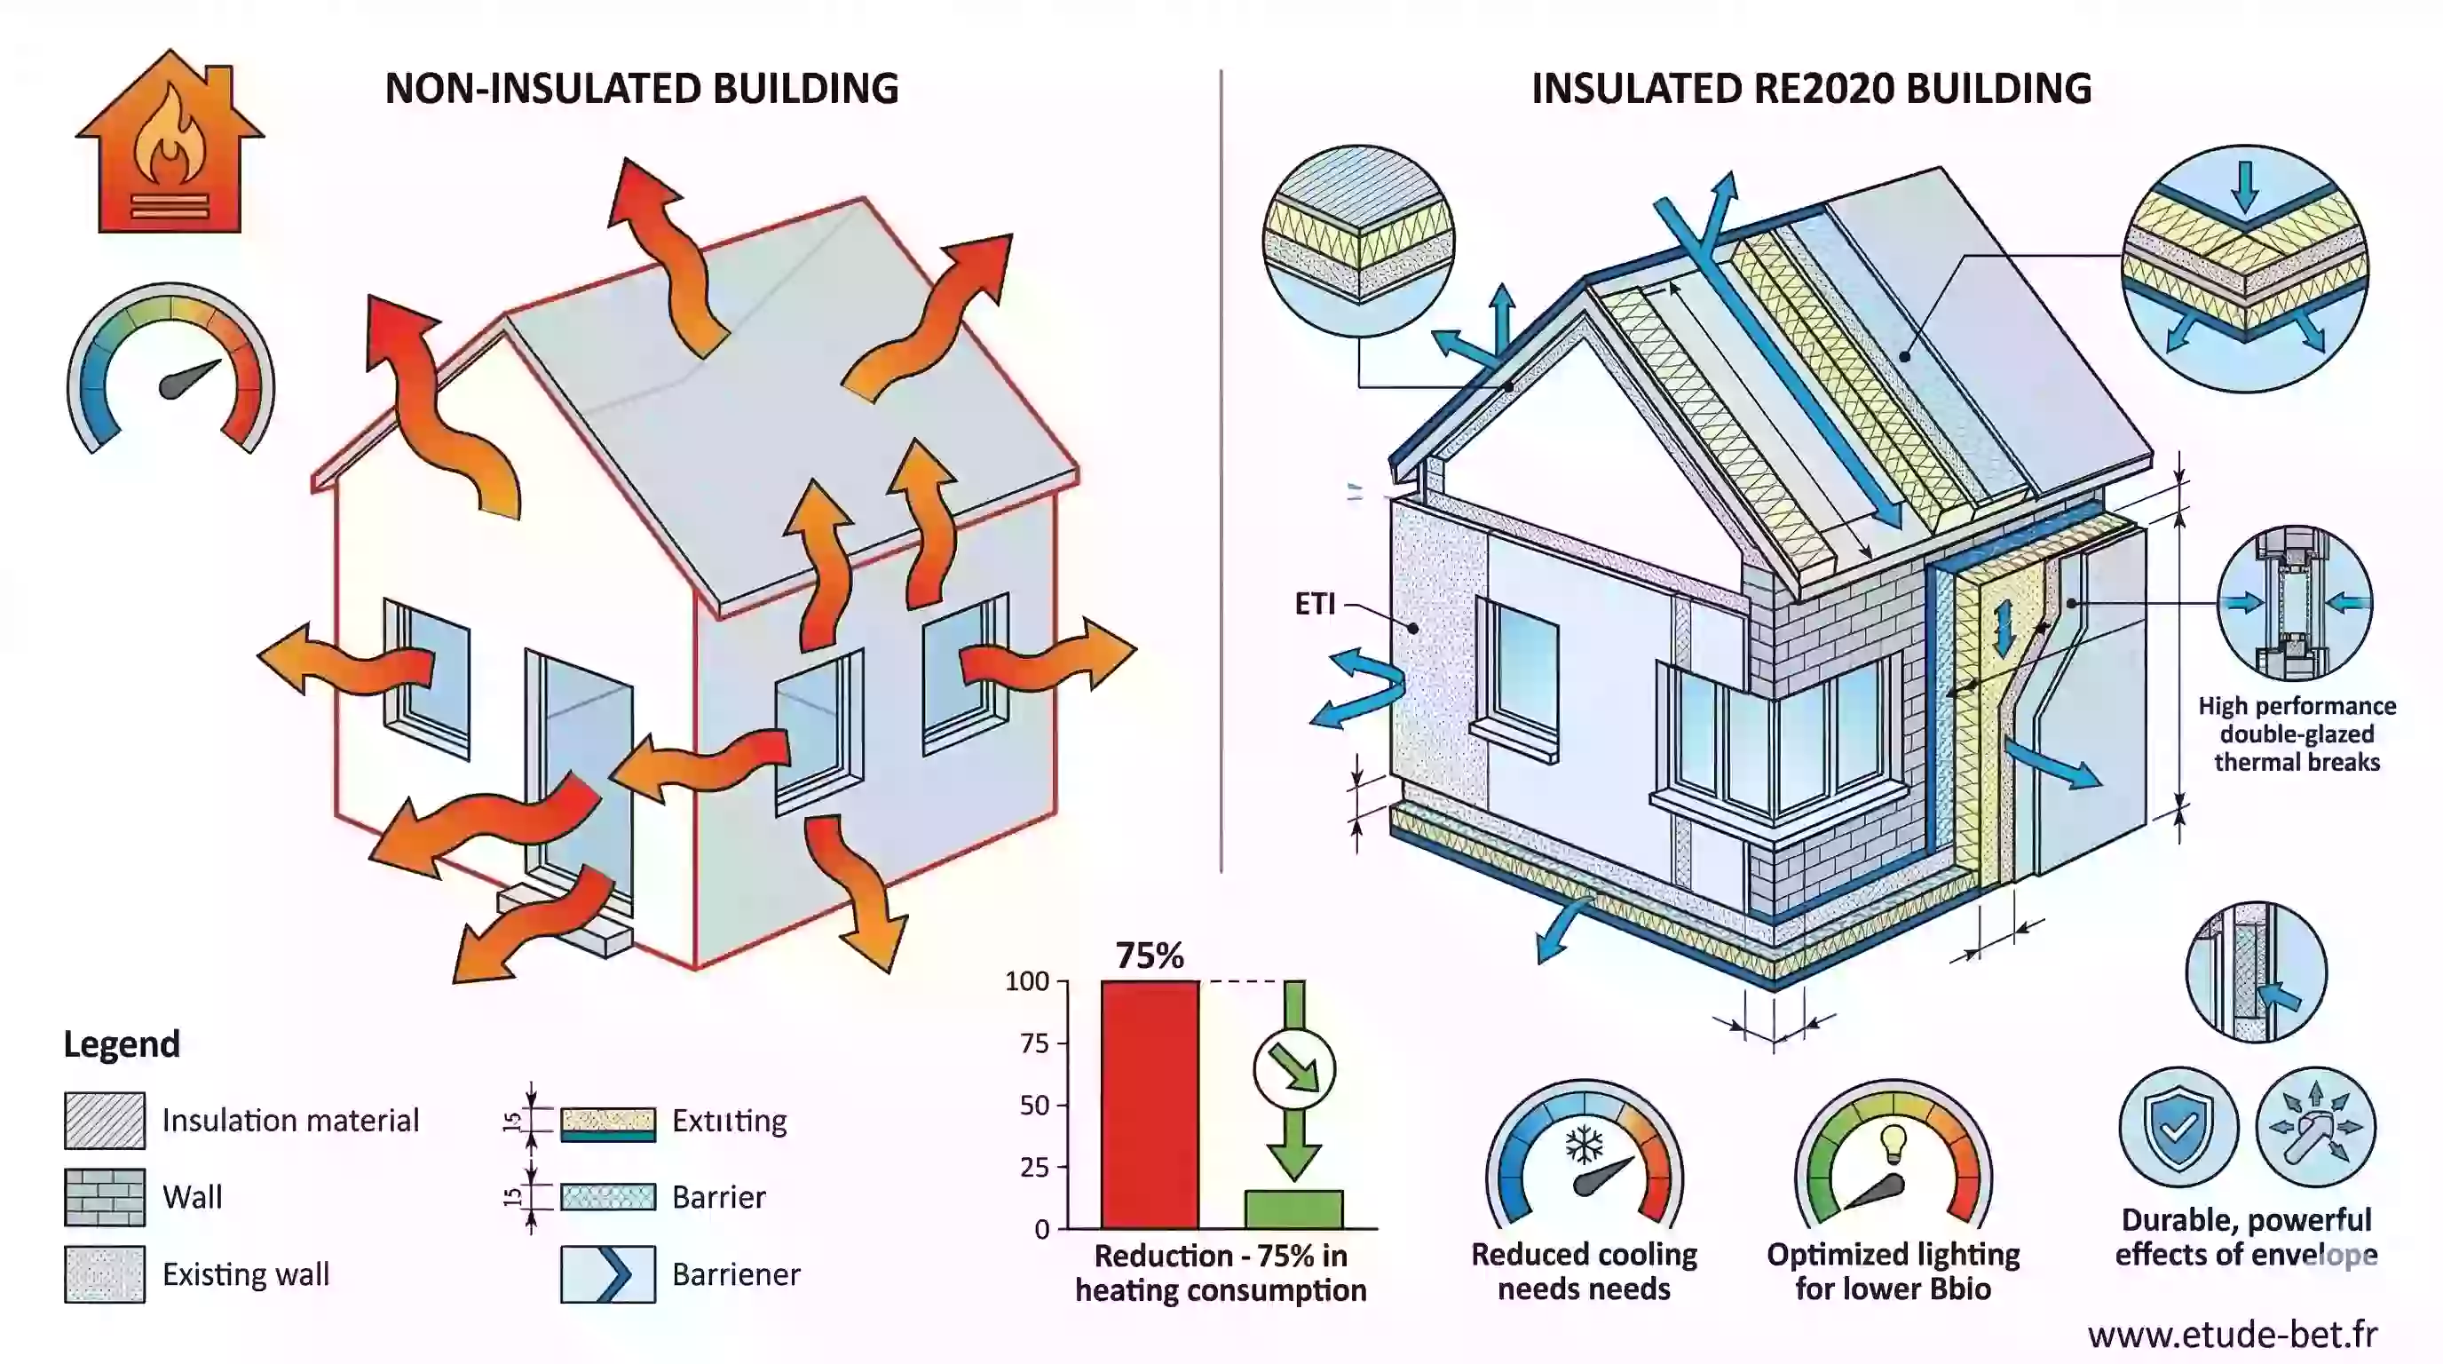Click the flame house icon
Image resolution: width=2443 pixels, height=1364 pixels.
point(170,142)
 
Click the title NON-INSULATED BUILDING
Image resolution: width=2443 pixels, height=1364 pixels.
point(641,89)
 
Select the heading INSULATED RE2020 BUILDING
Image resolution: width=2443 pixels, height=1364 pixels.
point(1810,89)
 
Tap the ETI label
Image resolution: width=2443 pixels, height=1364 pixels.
point(1315,604)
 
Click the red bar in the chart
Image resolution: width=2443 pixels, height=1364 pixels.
point(1150,1105)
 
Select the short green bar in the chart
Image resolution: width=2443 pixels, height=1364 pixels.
point(1293,1209)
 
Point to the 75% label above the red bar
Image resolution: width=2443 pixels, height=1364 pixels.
point(1150,956)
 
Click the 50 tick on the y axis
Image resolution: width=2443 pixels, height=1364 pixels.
point(1033,1105)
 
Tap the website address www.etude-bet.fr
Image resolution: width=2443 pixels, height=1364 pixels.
point(2233,1335)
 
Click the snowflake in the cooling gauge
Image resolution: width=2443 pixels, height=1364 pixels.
point(1584,1145)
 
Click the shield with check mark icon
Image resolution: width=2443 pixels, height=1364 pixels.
point(2178,1127)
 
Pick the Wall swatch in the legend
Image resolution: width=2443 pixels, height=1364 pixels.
point(105,1197)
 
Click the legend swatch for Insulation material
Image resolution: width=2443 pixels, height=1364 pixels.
point(105,1120)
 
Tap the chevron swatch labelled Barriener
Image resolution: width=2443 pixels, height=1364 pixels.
point(608,1274)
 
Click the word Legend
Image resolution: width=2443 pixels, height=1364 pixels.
point(122,1044)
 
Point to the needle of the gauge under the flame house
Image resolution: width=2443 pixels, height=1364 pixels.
point(190,379)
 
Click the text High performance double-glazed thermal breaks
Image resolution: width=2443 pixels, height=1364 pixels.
point(2296,734)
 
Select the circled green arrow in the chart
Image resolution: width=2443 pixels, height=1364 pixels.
point(1293,1069)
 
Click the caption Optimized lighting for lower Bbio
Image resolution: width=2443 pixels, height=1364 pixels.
point(1893,1271)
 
